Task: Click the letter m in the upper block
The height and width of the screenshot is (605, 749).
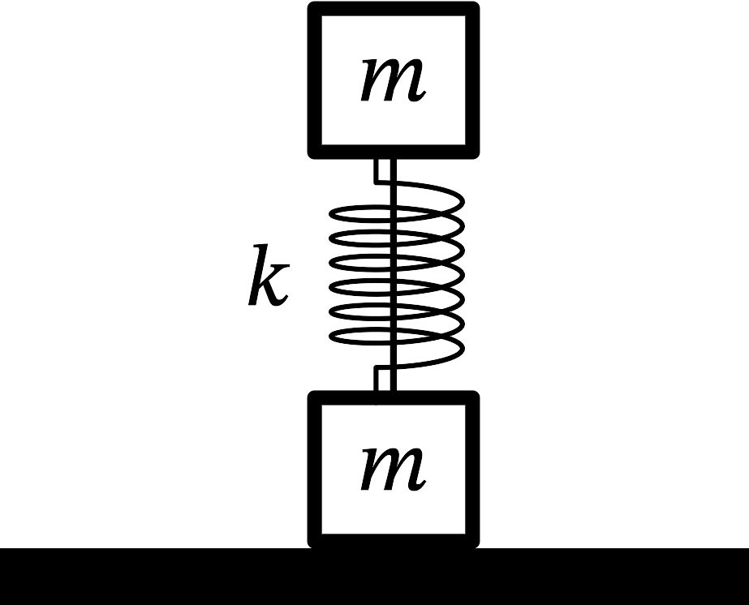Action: (393, 79)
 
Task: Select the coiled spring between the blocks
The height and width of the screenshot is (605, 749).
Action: (395, 276)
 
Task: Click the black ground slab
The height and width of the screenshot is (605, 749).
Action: (374, 577)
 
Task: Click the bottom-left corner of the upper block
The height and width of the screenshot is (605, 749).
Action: (316, 152)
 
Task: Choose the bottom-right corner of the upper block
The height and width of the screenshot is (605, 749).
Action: (472, 152)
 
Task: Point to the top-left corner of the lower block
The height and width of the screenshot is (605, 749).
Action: (316, 397)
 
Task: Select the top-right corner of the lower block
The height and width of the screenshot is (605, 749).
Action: (472, 397)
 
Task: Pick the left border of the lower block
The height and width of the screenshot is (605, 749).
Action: (315, 470)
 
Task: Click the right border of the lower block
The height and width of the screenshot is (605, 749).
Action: (472, 470)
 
